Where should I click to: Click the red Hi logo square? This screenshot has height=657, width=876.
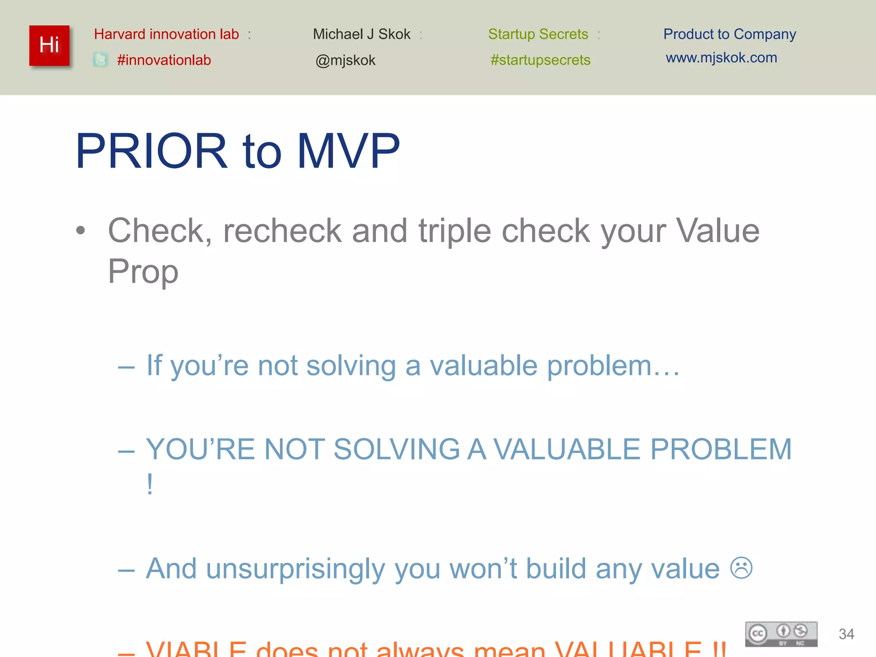[49, 45]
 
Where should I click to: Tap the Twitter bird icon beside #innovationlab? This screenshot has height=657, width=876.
[101, 59]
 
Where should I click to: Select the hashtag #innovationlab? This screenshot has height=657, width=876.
[164, 60]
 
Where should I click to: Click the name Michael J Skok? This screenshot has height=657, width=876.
[361, 34]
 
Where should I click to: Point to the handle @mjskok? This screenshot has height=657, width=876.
[345, 60]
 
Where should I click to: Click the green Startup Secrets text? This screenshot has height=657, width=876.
[538, 34]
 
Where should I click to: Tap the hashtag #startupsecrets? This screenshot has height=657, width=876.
[540, 60]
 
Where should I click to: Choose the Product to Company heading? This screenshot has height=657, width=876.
[729, 34]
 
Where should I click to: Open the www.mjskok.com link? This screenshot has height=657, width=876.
[721, 58]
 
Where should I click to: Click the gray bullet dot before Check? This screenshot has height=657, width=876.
[80, 231]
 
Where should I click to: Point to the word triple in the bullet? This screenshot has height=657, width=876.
[454, 231]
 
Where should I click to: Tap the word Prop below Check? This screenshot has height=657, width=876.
[143, 271]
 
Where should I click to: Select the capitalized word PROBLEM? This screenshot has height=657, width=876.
[721, 450]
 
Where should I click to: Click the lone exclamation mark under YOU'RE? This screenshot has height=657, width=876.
[150, 484]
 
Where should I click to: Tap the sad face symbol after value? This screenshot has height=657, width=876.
[741, 568]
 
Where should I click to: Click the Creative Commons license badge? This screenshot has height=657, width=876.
[781, 634]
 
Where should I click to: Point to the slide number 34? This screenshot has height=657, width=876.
[846, 634]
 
